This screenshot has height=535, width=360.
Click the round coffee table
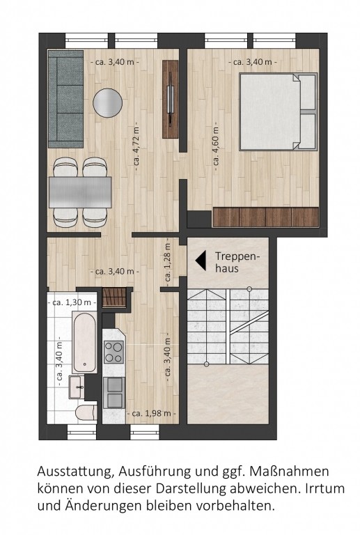pos(107,103)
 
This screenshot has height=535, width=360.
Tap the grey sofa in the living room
pos(65,99)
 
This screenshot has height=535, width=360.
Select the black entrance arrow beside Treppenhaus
pos(201,261)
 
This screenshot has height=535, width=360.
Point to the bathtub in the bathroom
pos(84,342)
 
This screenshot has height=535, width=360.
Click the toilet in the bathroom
pos(86,412)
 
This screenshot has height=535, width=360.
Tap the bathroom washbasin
pos(77,387)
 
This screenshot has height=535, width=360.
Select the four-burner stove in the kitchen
pos(114,351)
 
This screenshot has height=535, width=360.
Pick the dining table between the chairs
pos(80,192)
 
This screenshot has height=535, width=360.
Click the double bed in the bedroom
pos(279,111)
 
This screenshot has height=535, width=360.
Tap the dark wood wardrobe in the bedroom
pos(265,217)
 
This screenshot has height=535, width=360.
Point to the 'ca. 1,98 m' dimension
pos(151,414)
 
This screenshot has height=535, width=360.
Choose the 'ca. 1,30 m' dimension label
pos(72,302)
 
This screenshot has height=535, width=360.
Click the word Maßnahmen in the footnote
pos(290,472)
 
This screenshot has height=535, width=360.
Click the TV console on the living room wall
pos(171,99)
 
